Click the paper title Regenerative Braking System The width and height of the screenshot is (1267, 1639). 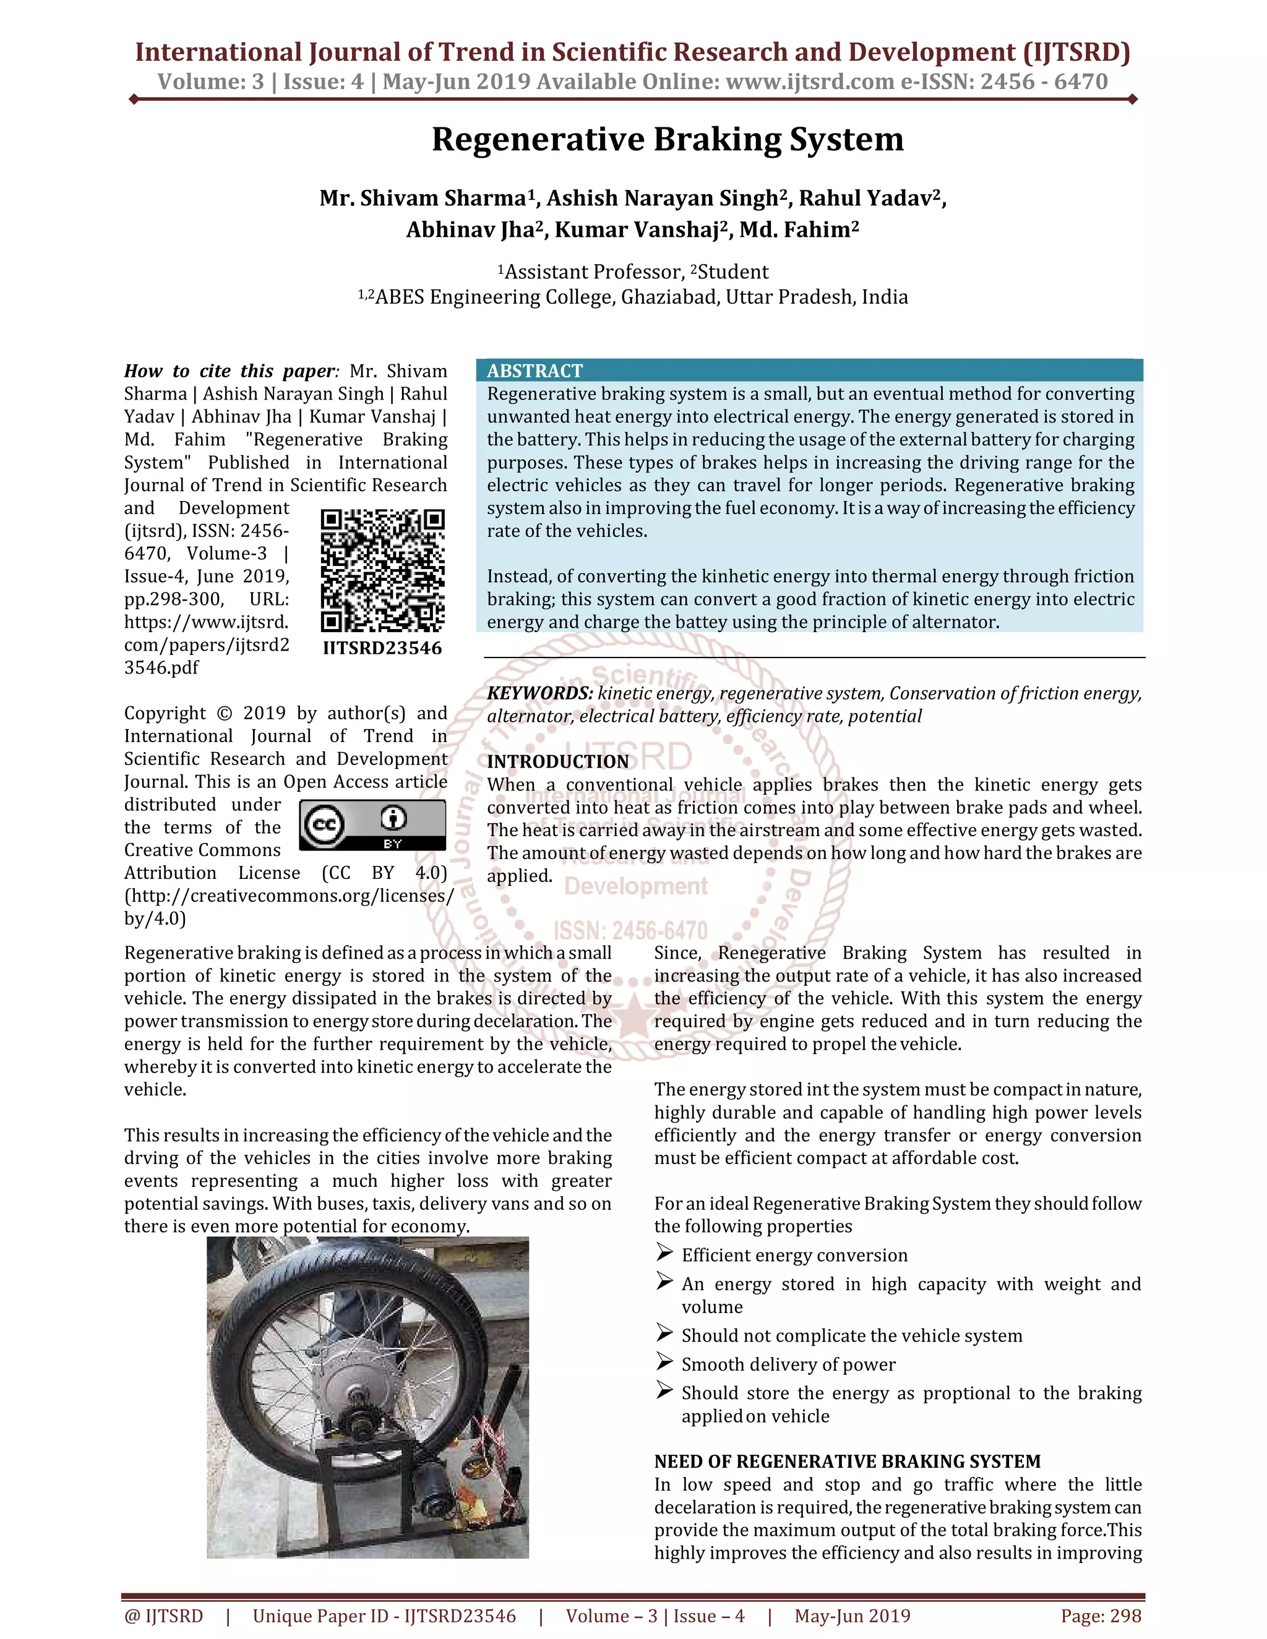(668, 140)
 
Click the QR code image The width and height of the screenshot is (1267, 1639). (383, 570)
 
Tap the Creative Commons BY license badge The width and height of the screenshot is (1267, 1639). (372, 824)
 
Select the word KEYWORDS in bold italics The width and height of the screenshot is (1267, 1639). (539, 693)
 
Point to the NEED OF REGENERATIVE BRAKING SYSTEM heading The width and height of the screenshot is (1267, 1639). (848, 1461)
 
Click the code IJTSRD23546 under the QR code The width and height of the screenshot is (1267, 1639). (383, 648)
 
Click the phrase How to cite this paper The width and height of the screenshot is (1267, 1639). (230, 370)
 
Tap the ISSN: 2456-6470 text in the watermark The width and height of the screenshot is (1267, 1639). (630, 931)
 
